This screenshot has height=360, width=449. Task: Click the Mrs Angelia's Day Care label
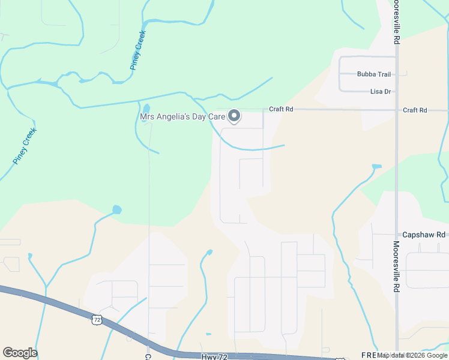[182, 116]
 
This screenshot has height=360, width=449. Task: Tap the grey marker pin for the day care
[235, 115]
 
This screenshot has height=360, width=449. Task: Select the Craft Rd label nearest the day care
[281, 109]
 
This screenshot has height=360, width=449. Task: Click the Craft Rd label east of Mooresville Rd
[415, 110]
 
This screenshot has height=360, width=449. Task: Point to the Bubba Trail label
[374, 74]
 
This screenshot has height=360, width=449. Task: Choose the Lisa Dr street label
[381, 92]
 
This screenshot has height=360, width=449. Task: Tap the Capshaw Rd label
[424, 235]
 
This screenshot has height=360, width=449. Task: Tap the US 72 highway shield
[97, 320]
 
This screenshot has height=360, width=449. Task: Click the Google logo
[20, 353]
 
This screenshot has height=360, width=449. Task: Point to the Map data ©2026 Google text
[413, 355]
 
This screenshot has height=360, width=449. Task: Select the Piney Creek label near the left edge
[25, 146]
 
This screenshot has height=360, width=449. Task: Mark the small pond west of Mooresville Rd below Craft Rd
[376, 166]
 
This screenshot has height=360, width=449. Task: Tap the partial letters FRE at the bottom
[369, 355]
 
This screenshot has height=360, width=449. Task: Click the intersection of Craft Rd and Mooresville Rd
[396, 110]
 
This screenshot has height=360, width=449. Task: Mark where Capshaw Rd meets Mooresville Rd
[396, 235]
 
